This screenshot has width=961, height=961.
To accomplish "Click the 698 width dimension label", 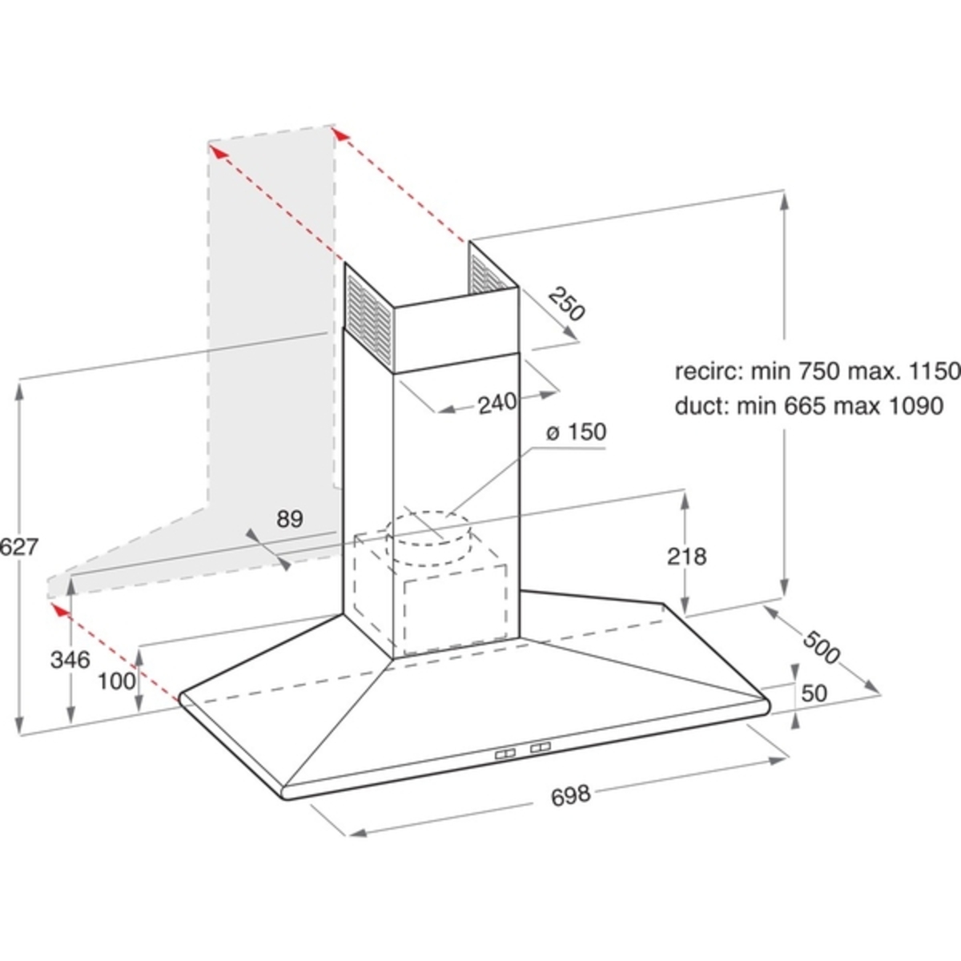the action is coord(570,795).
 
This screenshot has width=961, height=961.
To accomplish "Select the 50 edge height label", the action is coord(814,693).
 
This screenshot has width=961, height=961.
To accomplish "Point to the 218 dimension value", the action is coord(686,556).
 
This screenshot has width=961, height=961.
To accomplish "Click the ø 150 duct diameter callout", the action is coord(577,432).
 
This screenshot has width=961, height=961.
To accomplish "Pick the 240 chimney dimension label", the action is coord(497,403).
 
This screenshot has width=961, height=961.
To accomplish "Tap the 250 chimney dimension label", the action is coord(566,304).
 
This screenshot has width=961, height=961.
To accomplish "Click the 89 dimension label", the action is coord(290,519).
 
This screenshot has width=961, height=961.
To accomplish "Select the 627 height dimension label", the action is coord(19,547).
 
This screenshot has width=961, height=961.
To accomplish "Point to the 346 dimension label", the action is coord(70,660).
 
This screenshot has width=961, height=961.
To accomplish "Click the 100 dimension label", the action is coord(116,682).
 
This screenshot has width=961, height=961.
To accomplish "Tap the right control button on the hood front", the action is coord(540,746).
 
